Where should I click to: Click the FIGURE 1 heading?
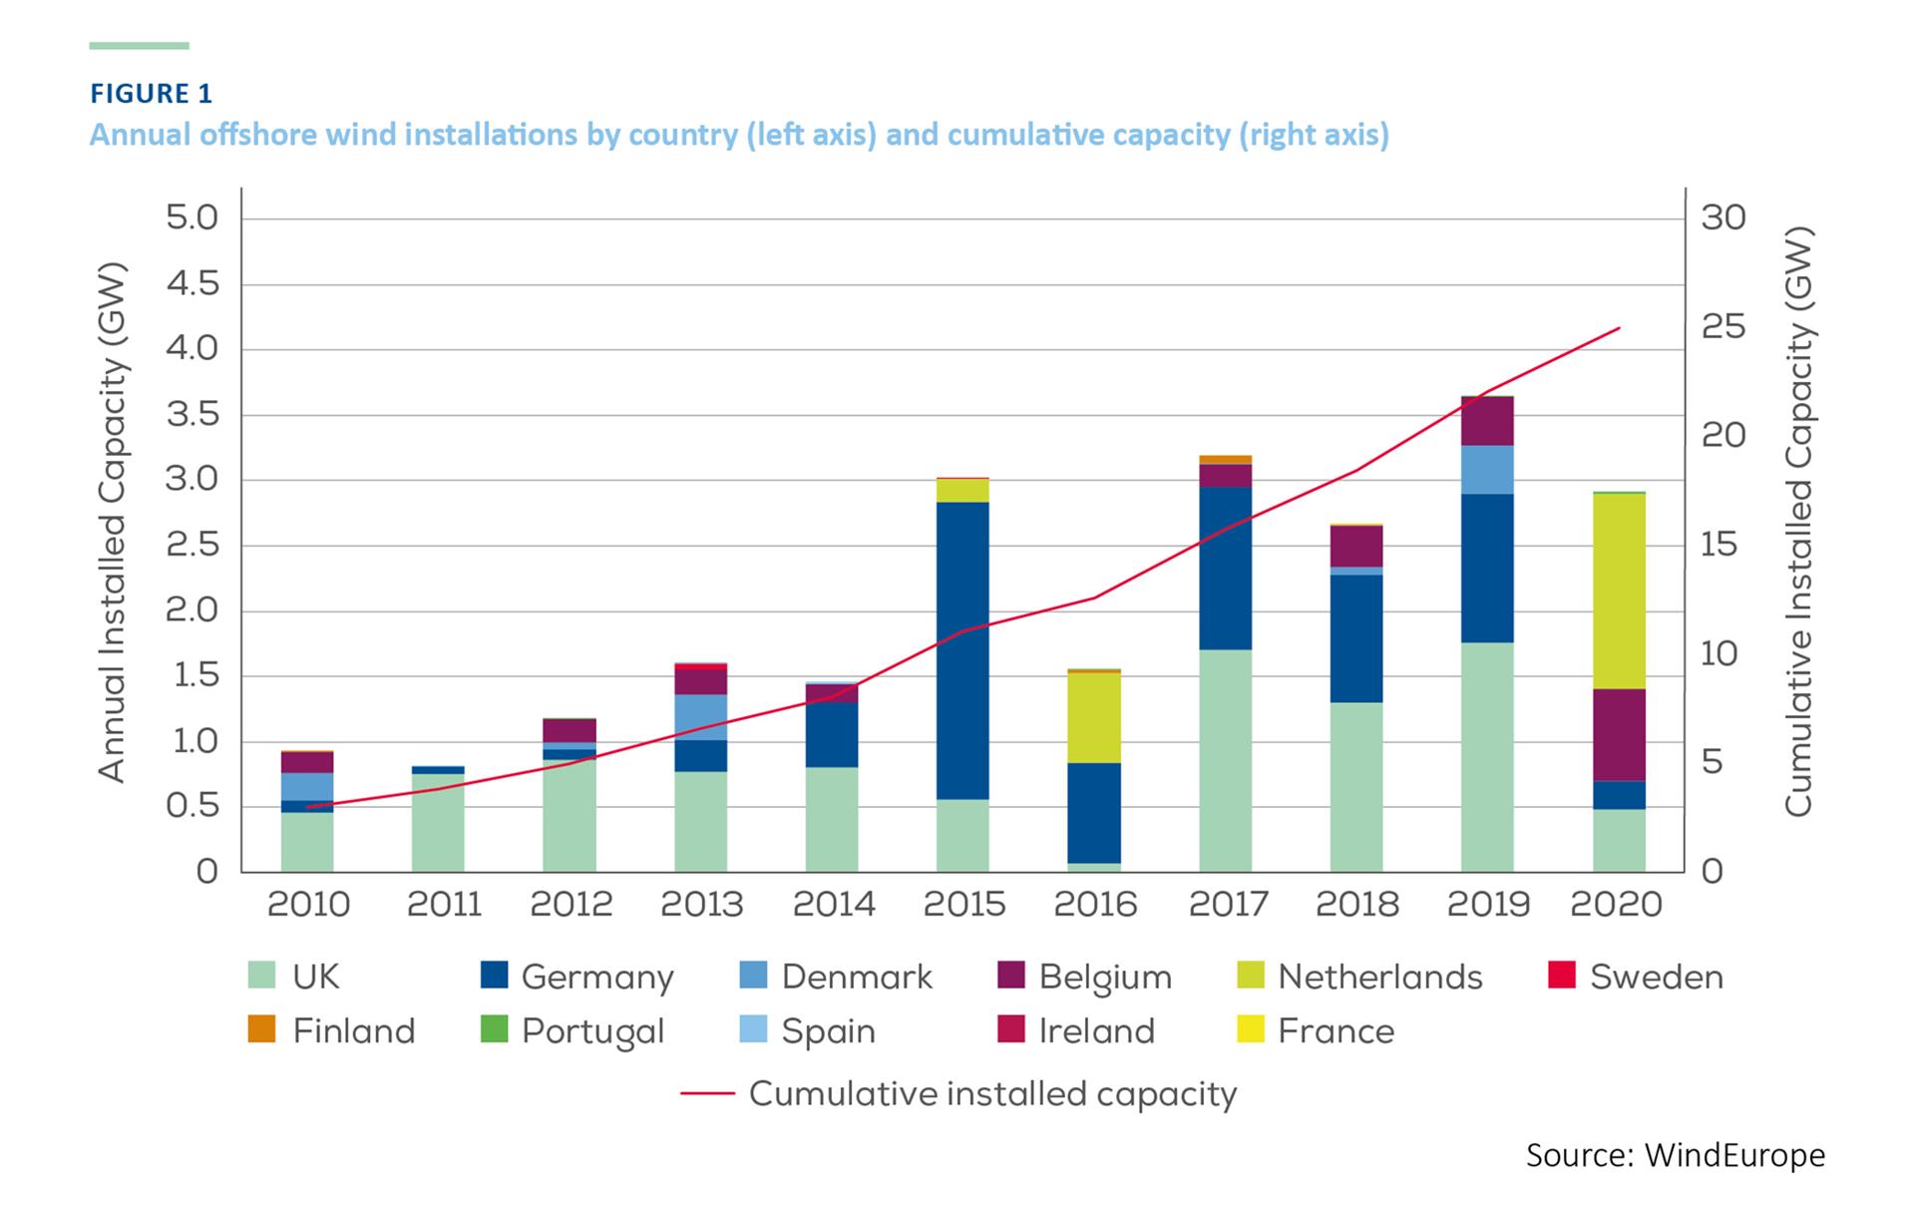151,94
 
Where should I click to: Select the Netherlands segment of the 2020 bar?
1619,591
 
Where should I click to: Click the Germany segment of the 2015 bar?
962,650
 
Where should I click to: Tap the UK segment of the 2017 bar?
1226,760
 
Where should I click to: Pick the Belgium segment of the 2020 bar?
1619,735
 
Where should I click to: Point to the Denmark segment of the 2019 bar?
1487,470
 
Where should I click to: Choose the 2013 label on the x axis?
701,905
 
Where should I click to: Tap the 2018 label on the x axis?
1356,905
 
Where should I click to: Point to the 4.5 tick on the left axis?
191,284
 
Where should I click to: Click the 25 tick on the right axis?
1723,327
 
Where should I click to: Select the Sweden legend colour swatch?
1562,975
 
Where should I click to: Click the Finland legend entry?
331,1030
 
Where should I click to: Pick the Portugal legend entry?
572,1030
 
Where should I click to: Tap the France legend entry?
1315,1030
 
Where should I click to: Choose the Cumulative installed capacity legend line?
707,1094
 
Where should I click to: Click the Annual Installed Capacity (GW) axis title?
112,522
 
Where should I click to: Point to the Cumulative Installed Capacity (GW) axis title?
1797,522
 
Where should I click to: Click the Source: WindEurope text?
1675,1155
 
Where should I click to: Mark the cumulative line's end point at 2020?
1620,327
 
